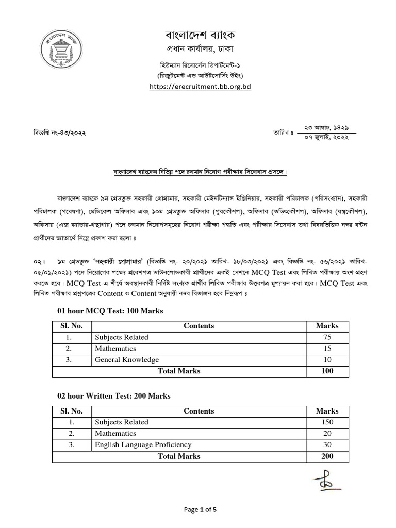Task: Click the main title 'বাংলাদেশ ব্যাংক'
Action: (200, 37)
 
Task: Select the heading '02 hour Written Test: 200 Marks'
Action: (113, 396)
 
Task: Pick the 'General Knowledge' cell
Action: (127, 360)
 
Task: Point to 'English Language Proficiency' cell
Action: (143, 444)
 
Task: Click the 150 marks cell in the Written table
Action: (327, 422)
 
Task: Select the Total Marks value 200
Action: (327, 456)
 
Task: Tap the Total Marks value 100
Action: (327, 371)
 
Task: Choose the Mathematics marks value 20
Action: (327, 433)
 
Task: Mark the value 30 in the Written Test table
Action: (327, 444)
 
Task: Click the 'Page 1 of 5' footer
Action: (201, 510)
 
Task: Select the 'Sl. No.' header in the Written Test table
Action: (71, 411)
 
